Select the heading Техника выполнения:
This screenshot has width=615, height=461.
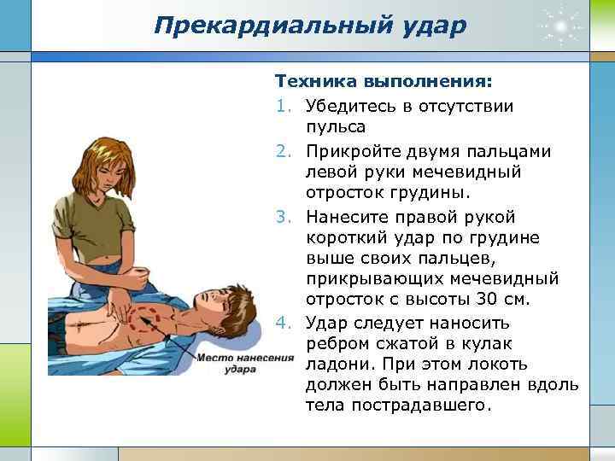pyautogui.click(x=383, y=84)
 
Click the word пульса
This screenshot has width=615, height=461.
pyautogui.click(x=336, y=128)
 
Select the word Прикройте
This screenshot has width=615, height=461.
pyautogui.click(x=355, y=150)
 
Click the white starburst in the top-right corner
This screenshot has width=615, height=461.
pyautogui.click(x=560, y=26)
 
